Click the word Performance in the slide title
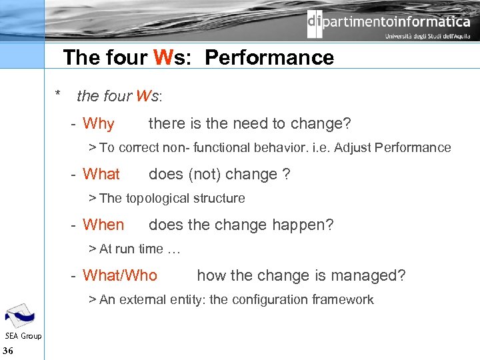pyautogui.click(x=269, y=57)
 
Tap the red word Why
pyautogui.click(x=99, y=123)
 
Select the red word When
pyautogui.click(x=103, y=225)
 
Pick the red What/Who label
pyautogui.click(x=120, y=275)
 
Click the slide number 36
pyautogui.click(x=9, y=351)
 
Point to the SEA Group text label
pyautogui.click(x=23, y=336)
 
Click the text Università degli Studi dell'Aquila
pyautogui.click(x=427, y=37)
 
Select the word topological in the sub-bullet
pyautogui.click(x=159, y=198)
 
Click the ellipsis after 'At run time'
pyautogui.click(x=174, y=249)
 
